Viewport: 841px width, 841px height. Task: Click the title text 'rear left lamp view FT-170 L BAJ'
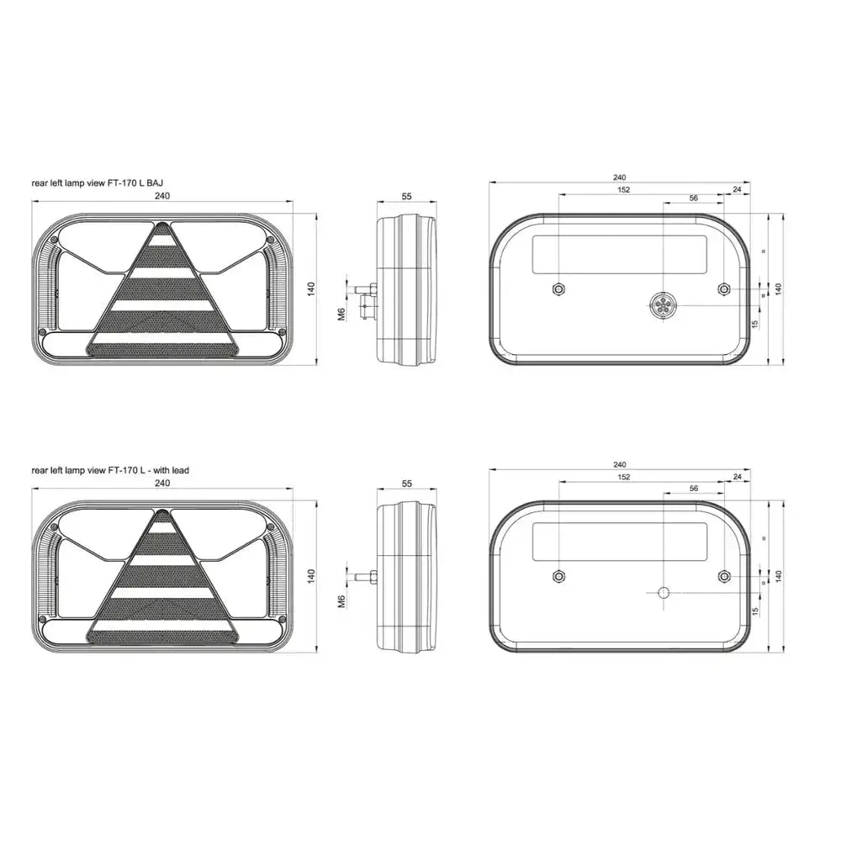97,182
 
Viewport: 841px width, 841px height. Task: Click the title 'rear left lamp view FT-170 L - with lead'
110,470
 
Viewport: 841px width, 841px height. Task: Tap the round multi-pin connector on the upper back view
664,306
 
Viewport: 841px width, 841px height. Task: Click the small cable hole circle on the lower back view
664,593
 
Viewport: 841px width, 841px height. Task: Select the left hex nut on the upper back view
559,289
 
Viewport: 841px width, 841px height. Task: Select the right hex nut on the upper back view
724,289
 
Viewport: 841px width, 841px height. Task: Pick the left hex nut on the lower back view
559,577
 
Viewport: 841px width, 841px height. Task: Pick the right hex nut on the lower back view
724,577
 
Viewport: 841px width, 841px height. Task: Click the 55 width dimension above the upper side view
406,196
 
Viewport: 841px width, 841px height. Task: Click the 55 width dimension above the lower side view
406,484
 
